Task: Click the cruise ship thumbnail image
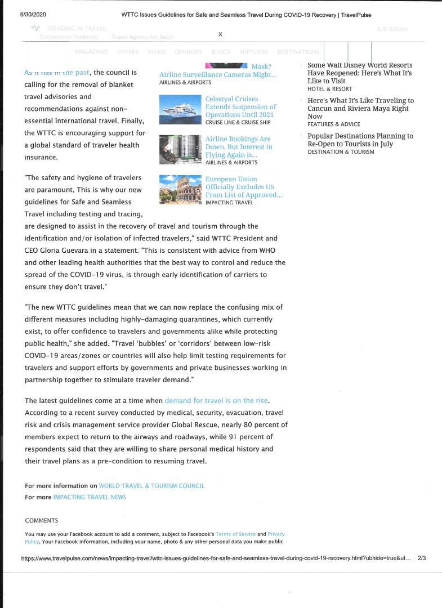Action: pos(180,109)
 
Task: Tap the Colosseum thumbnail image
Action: pos(180,189)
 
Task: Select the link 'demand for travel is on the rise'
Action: pos(217,401)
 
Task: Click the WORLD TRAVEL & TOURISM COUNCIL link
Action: pos(151,485)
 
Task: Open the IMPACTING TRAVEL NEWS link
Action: pos(90,497)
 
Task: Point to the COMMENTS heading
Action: pos(42,521)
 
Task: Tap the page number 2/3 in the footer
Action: pos(422,558)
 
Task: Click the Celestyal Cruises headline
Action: pos(240,106)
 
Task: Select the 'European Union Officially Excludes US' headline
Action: pos(243,187)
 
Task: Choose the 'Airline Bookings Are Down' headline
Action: pos(239,146)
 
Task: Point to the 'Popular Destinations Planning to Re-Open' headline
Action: pos(360,140)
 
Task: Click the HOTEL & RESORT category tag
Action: pos(329,89)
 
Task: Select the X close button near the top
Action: pos(220,34)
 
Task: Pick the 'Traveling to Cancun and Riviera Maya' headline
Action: pos(360,108)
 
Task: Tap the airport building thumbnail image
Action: pos(180,149)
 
